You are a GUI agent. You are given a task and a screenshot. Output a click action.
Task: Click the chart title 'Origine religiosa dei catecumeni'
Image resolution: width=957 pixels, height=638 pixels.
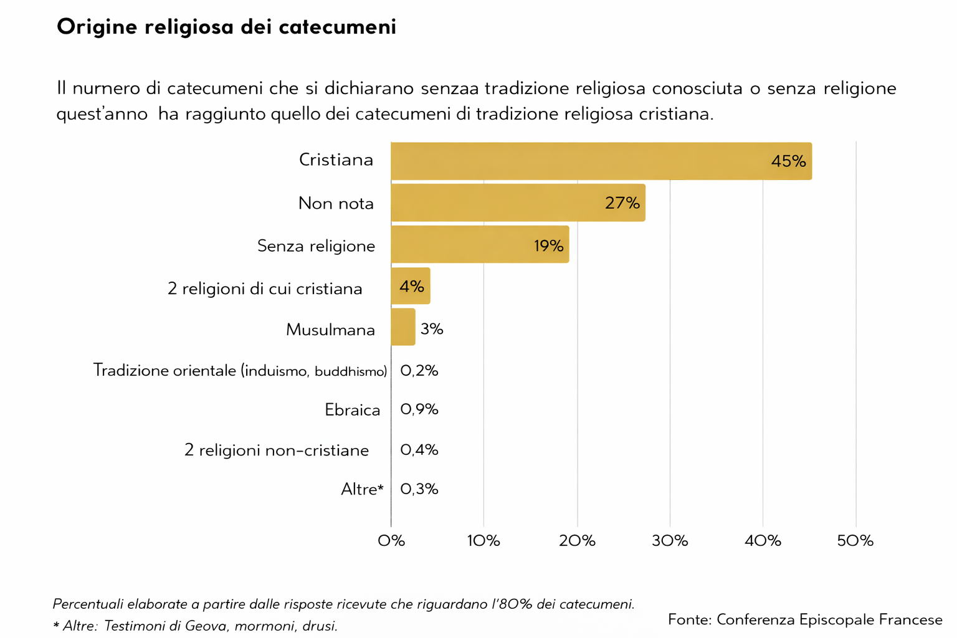(226, 27)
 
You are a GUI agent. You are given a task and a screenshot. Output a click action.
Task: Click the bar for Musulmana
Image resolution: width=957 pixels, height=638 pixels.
(402, 327)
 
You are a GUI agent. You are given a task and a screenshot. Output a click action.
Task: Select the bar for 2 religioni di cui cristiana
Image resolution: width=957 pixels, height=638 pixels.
(410, 287)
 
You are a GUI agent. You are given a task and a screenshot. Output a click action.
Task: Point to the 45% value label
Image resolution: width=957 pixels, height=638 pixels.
(788, 161)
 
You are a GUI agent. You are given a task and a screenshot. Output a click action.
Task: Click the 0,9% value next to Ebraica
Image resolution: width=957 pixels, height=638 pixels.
(419, 409)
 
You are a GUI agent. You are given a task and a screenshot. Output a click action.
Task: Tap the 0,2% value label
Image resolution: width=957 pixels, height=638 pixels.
(419, 371)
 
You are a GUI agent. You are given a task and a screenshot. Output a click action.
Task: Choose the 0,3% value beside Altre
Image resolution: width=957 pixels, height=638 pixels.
(419, 489)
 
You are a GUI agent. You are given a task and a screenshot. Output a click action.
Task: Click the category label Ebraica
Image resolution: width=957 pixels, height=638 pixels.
(352, 410)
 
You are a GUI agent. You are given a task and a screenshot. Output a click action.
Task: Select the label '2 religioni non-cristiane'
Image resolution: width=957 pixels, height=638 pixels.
(276, 450)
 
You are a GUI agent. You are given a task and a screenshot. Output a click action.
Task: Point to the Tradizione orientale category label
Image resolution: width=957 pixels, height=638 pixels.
(240, 371)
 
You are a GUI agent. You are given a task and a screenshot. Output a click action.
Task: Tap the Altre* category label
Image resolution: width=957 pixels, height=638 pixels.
(362, 490)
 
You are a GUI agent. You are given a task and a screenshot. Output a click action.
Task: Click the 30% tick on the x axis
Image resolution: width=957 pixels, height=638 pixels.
(670, 541)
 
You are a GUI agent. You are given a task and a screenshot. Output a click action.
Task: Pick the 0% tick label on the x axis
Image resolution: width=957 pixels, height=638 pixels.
(391, 541)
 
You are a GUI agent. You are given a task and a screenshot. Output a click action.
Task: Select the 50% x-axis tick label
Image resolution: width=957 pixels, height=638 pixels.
(855, 541)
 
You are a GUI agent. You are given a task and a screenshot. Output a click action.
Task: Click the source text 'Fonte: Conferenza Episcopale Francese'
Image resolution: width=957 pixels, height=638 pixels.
(805, 619)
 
